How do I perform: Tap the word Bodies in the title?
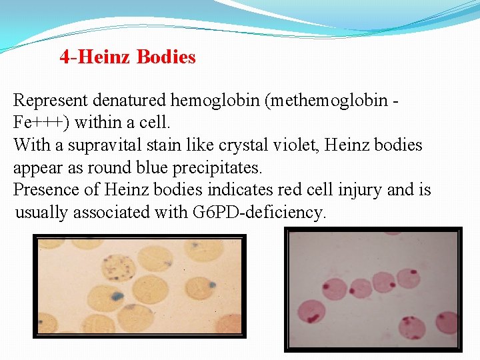pyautogui.click(x=166, y=57)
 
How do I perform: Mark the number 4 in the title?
pyautogui.click(x=64, y=57)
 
